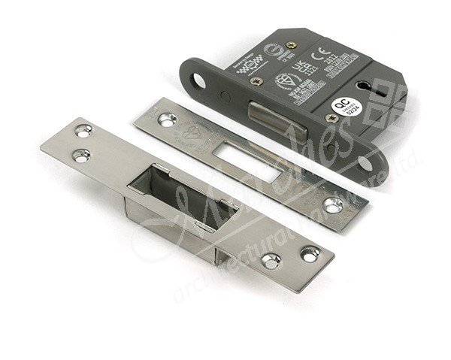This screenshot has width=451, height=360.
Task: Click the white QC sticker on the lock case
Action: tap(341, 106)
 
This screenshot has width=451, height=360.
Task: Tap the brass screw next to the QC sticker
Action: tap(330, 117)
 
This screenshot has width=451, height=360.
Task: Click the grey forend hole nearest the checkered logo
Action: tap(198, 78)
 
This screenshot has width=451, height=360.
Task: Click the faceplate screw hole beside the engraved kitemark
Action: tap(167, 118)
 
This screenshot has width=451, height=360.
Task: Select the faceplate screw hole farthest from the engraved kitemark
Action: tap(334, 203)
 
